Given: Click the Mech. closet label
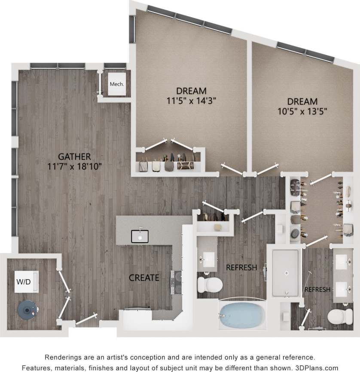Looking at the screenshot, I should click(x=116, y=84).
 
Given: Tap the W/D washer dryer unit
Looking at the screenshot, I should click(x=27, y=282).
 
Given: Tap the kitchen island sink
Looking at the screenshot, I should click(x=140, y=236).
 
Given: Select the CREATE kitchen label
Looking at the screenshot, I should click(x=144, y=277).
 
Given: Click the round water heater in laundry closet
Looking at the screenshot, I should click(x=27, y=308).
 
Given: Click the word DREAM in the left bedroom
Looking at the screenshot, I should click(x=191, y=91).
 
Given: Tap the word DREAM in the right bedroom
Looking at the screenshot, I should click(x=302, y=102).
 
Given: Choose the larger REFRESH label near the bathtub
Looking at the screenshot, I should click(x=241, y=267).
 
